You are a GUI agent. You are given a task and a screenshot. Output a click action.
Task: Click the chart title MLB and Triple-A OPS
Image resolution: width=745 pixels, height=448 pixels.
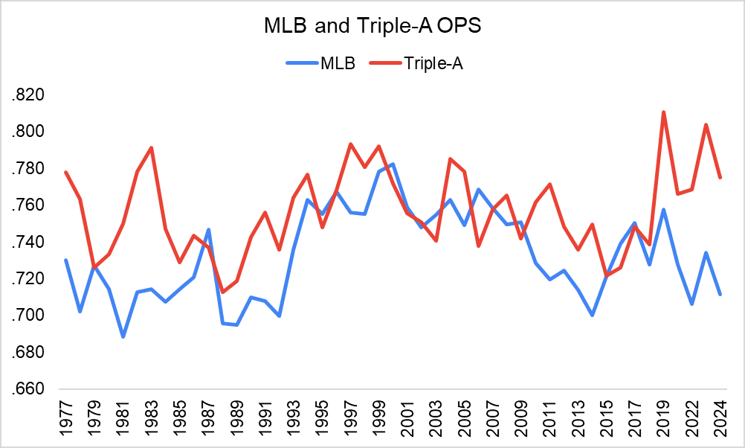(372, 27)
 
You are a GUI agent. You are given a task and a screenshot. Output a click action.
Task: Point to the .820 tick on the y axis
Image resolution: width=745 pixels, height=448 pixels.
(28, 95)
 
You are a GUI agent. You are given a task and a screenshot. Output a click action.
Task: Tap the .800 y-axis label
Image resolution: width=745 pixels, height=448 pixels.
(28, 132)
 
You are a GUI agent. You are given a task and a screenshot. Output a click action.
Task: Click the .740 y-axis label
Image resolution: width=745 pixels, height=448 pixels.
(28, 242)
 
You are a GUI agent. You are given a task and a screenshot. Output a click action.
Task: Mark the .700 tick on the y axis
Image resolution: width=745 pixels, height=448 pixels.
(28, 316)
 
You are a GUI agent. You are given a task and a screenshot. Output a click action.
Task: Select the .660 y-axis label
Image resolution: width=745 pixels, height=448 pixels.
(28, 389)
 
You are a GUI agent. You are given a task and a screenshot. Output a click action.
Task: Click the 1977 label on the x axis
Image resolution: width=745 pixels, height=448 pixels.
(66, 421)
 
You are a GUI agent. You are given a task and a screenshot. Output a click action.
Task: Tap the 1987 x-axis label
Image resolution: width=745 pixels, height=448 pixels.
(208, 421)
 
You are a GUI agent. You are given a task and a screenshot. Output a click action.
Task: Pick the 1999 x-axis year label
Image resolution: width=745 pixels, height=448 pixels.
(378, 421)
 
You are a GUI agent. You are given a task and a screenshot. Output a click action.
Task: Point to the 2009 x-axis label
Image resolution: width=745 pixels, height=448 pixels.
(520, 421)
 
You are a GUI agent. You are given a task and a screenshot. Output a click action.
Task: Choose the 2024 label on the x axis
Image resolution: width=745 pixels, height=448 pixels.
(720, 421)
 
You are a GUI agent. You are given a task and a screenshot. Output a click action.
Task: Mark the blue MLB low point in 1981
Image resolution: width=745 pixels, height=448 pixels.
(123, 336)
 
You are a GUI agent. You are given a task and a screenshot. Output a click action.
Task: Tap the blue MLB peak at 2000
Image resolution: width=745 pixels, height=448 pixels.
(393, 164)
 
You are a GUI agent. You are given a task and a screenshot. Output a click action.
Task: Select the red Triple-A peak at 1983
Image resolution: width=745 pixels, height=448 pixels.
(152, 147)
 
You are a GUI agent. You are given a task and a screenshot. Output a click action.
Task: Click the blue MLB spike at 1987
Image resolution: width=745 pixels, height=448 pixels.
(208, 229)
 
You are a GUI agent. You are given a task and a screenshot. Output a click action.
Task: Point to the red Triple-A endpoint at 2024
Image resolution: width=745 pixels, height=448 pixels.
(720, 177)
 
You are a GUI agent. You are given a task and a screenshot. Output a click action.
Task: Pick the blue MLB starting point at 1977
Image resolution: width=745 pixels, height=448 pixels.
(66, 260)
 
